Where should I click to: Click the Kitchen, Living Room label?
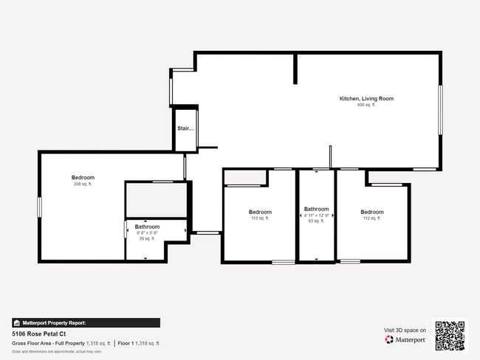[366, 98]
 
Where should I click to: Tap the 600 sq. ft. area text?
[366, 105]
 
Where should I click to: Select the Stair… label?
[185, 128]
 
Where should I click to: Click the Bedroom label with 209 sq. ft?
[83, 177]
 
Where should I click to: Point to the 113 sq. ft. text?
[260, 218]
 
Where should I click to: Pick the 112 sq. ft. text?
[372, 218]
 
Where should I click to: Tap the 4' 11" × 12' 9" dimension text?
[316, 215]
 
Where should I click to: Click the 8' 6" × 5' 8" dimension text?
[147, 232]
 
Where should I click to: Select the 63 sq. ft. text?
[316, 221]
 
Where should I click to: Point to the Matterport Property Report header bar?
[86, 323]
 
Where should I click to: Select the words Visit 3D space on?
[405, 330]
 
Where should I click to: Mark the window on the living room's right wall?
[440, 110]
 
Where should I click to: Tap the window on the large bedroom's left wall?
[40, 206]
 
